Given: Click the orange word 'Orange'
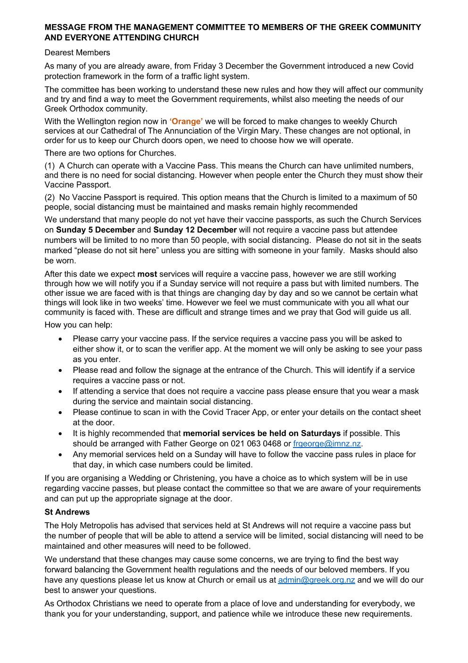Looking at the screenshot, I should point(186,121).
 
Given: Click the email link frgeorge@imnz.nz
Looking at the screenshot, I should point(326,444).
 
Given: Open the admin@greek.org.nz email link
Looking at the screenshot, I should point(316,580).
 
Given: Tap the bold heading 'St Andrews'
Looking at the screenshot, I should point(67,512).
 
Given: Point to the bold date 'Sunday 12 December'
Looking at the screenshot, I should point(195,230).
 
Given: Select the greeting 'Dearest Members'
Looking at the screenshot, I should point(77,52).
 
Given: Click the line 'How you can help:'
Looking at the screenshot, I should point(78,325).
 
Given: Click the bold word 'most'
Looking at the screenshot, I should point(147,274).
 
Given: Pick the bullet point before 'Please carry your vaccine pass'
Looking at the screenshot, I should point(60,339).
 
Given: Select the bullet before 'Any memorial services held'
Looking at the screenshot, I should point(60,455).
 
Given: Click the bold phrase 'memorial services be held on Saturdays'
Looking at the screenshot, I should point(261,433).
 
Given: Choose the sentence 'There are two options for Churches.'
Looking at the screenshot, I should point(110,153).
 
